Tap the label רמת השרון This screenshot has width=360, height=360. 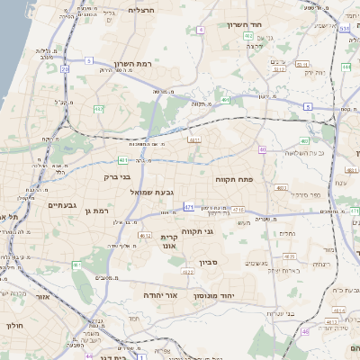point(136,65)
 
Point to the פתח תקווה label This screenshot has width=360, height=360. point(236,181)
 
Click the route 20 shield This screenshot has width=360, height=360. point(66,68)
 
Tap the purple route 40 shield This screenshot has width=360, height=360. point(262,149)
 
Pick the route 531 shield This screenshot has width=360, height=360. point(345,28)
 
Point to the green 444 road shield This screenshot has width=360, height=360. point(346,67)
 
